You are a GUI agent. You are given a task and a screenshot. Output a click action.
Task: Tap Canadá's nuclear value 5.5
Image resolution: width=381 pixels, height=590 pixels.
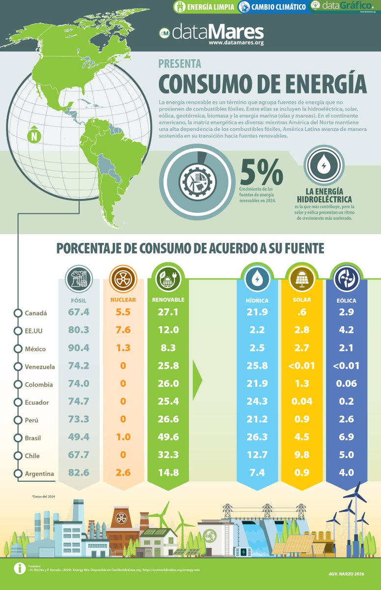[x=123, y=312]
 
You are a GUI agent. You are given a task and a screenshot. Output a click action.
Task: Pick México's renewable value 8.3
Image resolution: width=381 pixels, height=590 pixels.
[x=168, y=348]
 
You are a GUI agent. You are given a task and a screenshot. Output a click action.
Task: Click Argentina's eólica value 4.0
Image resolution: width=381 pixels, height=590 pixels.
[x=347, y=473]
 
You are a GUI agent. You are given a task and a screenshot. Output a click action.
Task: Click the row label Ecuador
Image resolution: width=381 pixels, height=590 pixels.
[x=37, y=402]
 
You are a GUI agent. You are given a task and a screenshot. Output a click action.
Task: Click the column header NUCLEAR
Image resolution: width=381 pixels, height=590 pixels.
[x=123, y=299]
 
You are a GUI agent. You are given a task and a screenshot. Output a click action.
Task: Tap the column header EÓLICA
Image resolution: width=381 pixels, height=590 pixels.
[x=347, y=300]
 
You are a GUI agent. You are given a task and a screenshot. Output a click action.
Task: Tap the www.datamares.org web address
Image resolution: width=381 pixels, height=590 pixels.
[x=236, y=43]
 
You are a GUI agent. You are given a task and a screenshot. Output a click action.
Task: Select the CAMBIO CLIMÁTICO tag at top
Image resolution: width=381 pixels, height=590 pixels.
[x=272, y=7]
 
